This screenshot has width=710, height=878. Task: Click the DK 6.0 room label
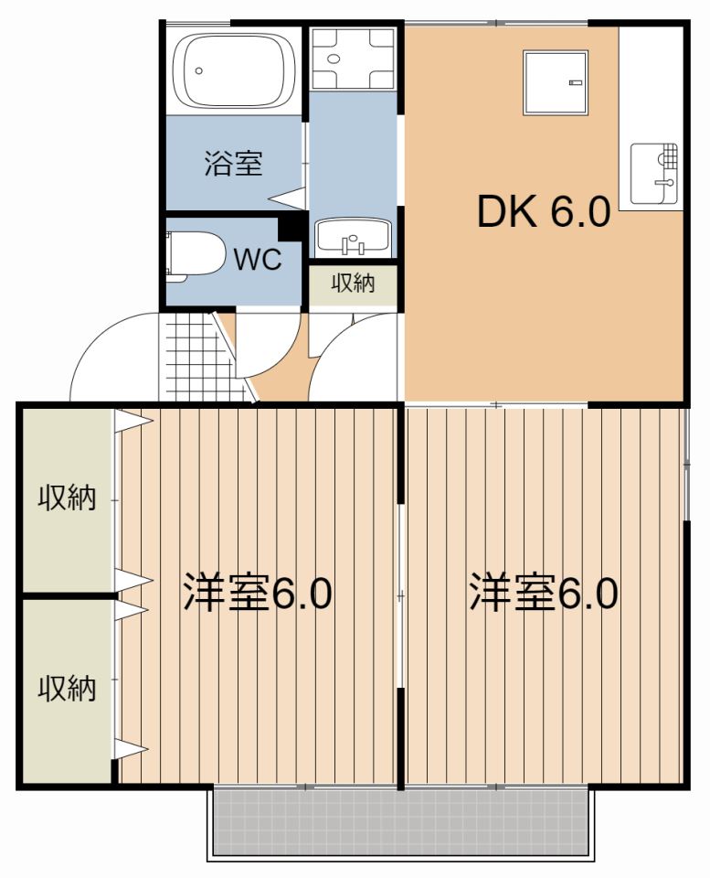click(543, 212)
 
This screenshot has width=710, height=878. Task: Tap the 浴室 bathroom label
click(232, 165)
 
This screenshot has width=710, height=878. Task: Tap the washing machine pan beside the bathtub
click(352, 59)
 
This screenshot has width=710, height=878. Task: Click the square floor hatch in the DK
click(555, 81)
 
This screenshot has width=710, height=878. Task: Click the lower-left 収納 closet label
click(67, 688)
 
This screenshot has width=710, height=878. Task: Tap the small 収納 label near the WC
click(352, 284)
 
